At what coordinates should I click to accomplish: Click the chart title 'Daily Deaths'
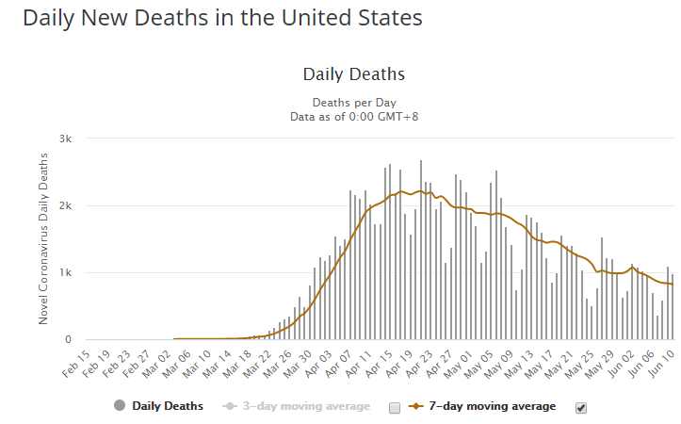point(354,73)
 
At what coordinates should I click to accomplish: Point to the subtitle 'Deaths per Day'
point(354,102)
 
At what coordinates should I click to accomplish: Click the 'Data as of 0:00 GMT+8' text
point(354,116)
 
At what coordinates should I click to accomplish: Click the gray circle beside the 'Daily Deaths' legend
point(119,407)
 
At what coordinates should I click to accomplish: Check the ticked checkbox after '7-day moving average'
point(580,407)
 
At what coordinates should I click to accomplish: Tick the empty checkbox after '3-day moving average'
point(395,407)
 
